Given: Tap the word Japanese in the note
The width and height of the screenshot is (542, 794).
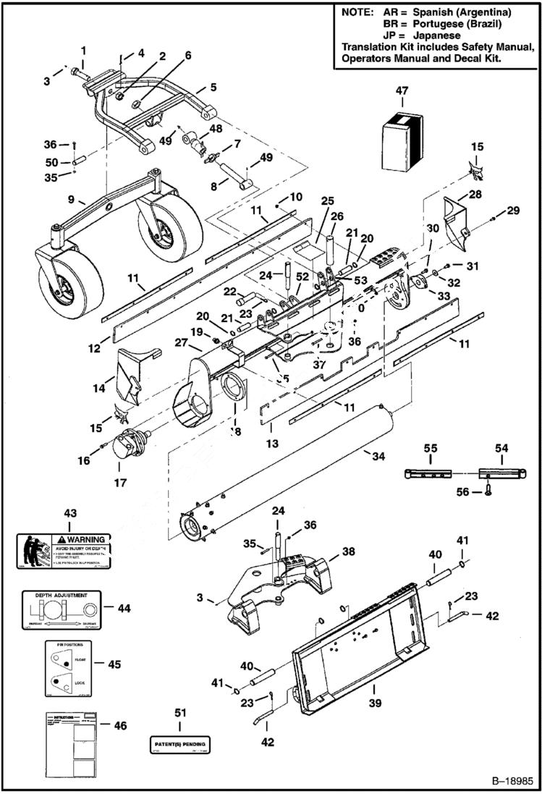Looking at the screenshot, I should (x=436, y=35).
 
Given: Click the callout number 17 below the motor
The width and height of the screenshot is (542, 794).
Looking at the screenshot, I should (x=120, y=482).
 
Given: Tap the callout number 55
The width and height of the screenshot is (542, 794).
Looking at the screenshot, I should (x=431, y=449).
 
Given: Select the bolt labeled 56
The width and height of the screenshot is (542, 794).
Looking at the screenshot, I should (x=487, y=491).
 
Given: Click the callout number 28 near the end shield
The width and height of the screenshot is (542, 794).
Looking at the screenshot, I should (x=475, y=195).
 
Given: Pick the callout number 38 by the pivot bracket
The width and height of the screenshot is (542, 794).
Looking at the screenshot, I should (x=348, y=551).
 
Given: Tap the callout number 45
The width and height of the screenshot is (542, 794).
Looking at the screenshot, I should (x=114, y=664).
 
